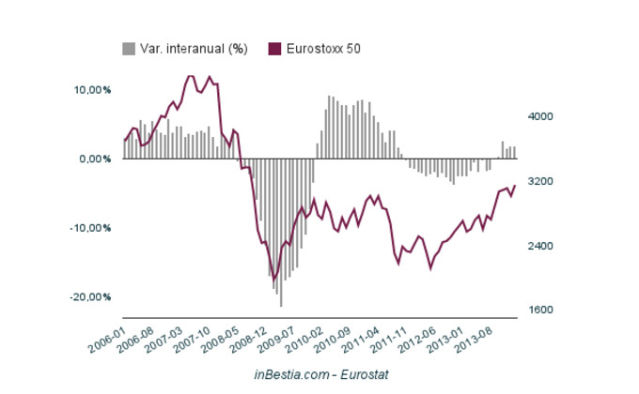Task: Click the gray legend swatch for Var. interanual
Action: click(128, 48)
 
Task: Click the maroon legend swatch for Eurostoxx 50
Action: click(274, 48)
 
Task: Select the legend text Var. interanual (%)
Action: click(193, 48)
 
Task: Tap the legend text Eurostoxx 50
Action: click(322, 48)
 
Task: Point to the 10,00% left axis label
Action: click(93, 90)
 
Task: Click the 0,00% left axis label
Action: click(96, 159)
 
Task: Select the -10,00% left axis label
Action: click(91, 228)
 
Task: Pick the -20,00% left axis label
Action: click(91, 296)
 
